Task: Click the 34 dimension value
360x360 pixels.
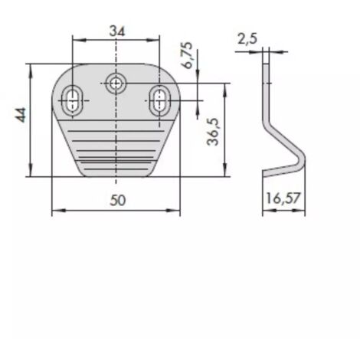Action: point(117,31)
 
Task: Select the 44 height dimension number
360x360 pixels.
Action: point(21,115)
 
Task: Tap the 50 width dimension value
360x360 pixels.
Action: point(118,200)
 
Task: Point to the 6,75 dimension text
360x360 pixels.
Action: point(188,55)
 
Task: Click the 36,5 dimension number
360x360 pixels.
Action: point(214,132)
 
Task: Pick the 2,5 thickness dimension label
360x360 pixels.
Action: point(247,39)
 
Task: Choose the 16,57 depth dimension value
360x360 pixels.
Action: point(283,198)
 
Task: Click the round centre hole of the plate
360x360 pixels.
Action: point(116,83)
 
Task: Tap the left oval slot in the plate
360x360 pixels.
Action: point(73,100)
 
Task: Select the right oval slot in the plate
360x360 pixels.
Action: point(160,100)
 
